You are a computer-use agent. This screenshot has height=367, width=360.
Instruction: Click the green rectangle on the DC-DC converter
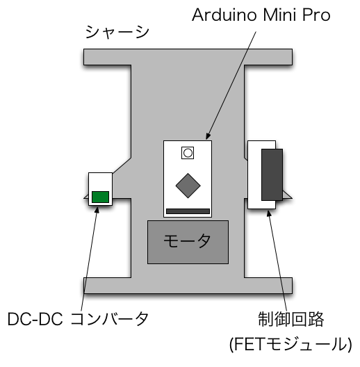(100, 197)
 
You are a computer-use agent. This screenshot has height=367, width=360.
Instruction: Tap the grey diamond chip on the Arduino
(188, 186)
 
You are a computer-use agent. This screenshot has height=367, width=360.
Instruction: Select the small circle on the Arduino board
(188, 153)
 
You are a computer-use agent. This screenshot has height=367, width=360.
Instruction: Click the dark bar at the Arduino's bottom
(188, 211)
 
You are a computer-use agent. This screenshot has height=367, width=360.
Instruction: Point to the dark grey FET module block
(272, 174)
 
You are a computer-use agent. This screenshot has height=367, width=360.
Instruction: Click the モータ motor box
(188, 242)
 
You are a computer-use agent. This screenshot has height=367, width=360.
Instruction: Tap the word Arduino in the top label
(224, 15)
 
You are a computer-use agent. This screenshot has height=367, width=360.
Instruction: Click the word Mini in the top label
(280, 15)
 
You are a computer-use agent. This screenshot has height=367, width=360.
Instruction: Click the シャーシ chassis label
(117, 32)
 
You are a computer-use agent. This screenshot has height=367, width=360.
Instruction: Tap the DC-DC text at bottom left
(35, 319)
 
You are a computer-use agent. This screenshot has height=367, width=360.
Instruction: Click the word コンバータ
(110, 319)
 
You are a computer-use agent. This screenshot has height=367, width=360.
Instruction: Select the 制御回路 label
(291, 319)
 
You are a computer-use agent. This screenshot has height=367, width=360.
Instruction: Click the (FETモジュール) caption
(291, 344)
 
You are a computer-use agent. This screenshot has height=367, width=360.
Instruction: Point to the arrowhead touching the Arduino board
(208, 136)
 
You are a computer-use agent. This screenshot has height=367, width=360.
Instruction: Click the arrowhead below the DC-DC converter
(97, 210)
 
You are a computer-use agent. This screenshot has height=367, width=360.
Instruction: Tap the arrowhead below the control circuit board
(269, 213)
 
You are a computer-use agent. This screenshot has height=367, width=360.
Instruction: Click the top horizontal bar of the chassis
(188, 57)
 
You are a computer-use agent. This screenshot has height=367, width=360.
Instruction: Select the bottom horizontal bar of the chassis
(188, 286)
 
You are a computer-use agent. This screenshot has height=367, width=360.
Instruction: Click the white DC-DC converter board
(100, 181)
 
